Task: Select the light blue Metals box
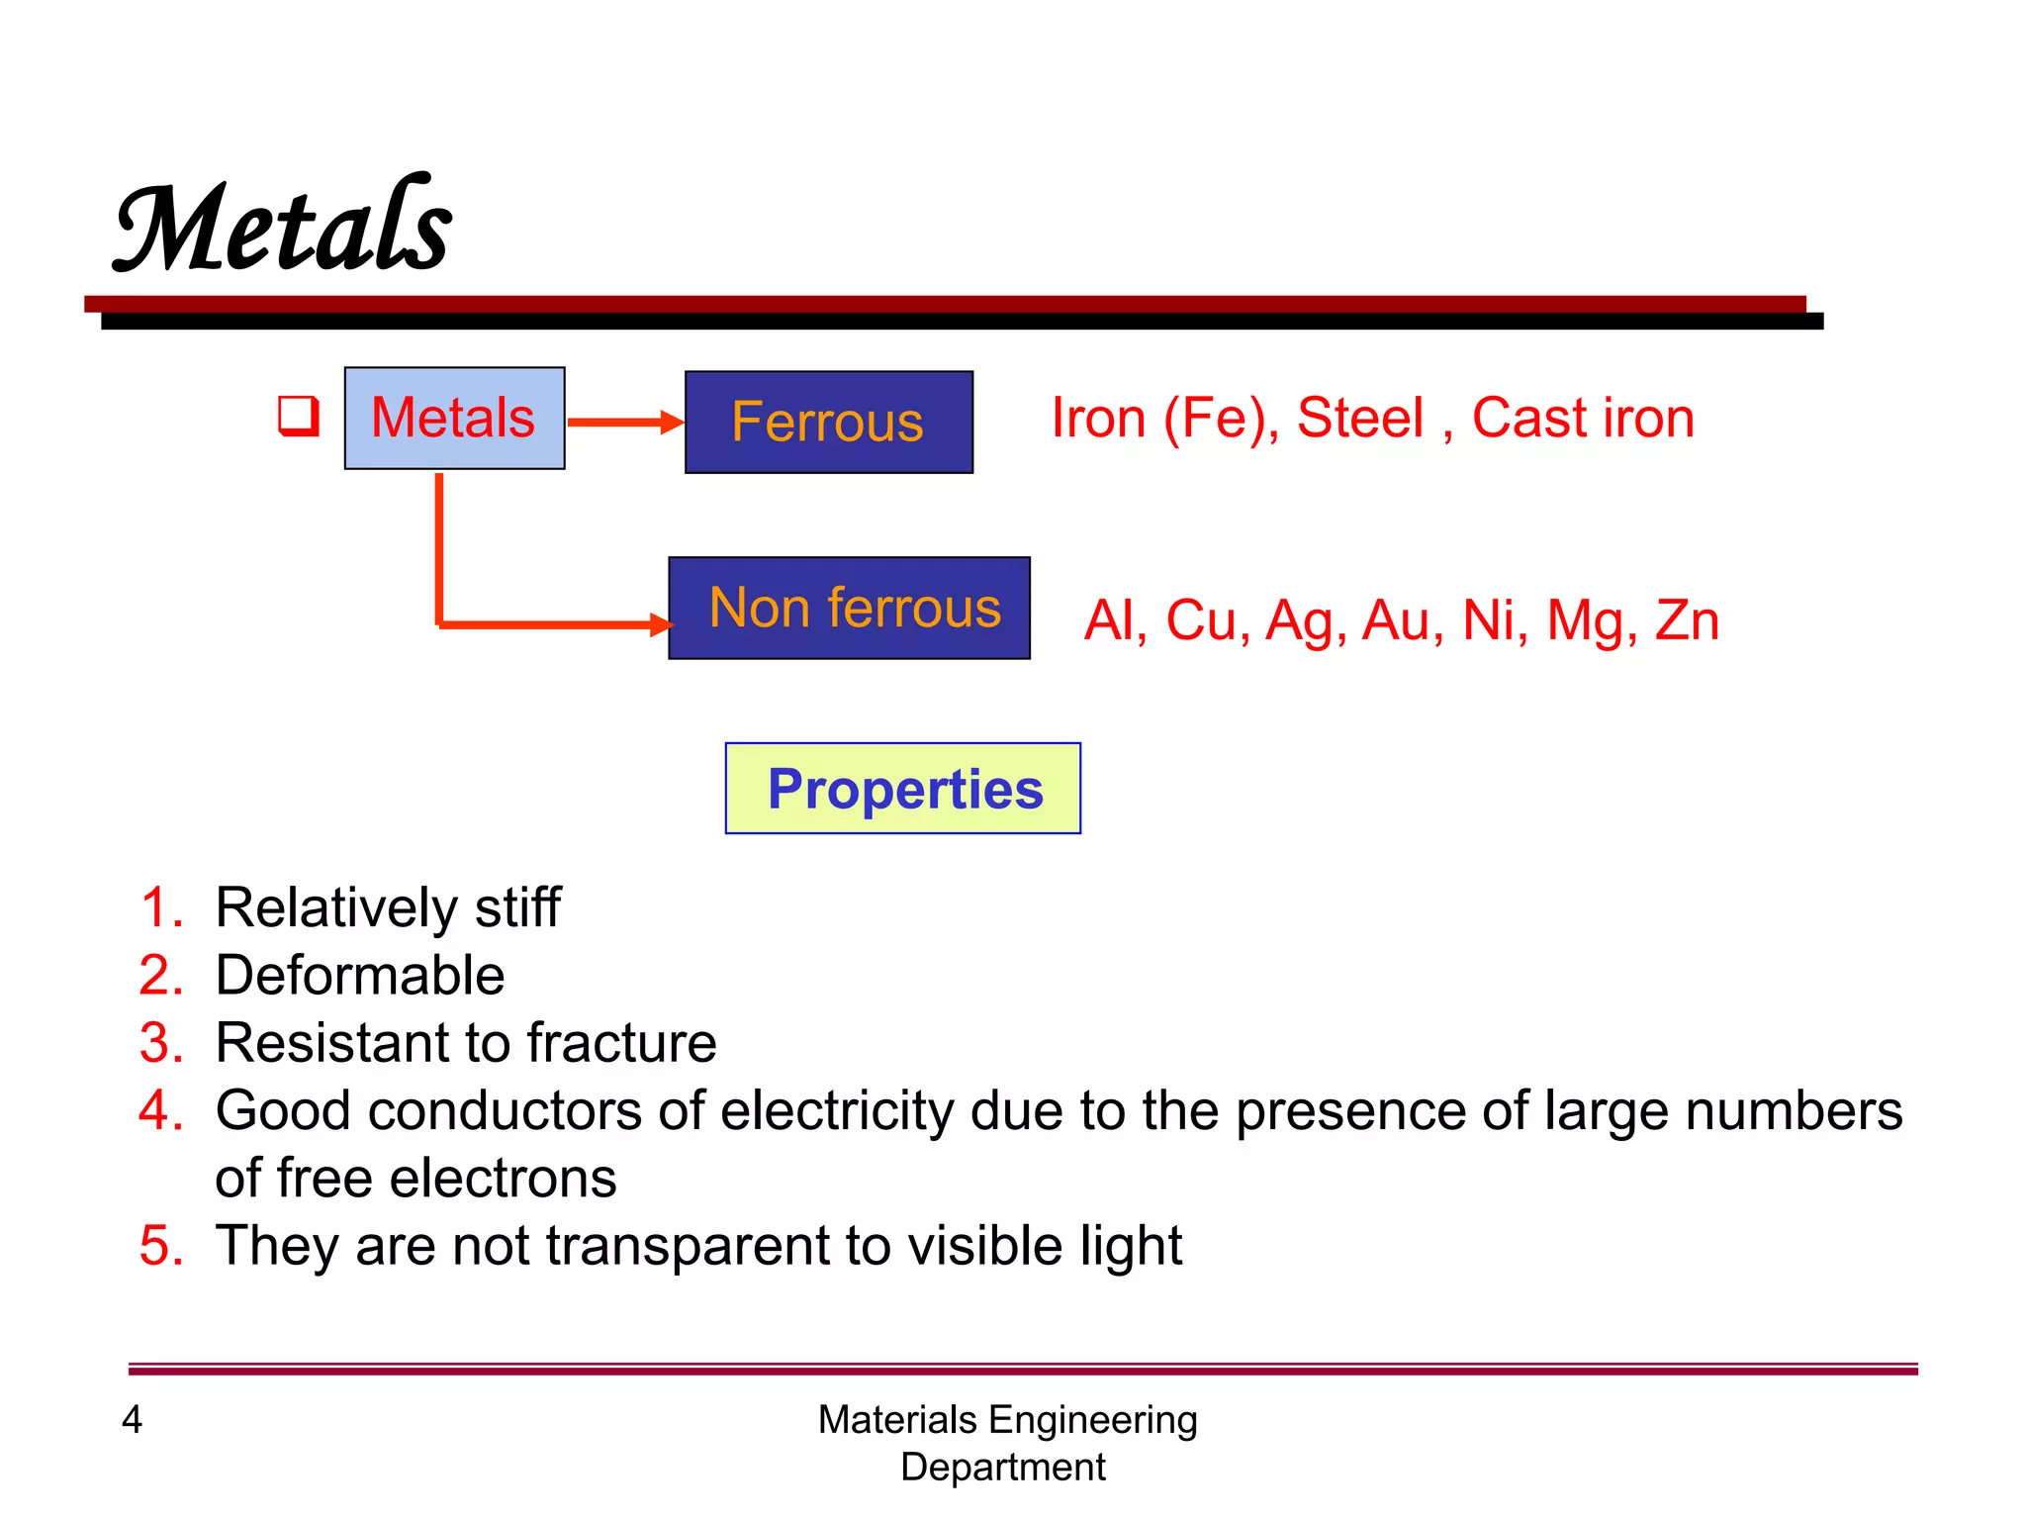point(454,418)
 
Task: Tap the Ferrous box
point(828,423)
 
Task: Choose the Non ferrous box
point(849,608)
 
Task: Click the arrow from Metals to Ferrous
point(623,423)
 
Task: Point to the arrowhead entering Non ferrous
point(661,624)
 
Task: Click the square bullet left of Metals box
point(298,416)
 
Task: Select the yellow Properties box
point(903,789)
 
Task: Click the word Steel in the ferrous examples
point(1360,418)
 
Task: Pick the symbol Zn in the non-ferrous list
point(1687,620)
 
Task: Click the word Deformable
point(360,976)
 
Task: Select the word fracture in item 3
point(621,1043)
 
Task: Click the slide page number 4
point(132,1420)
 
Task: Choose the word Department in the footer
point(1002,1467)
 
